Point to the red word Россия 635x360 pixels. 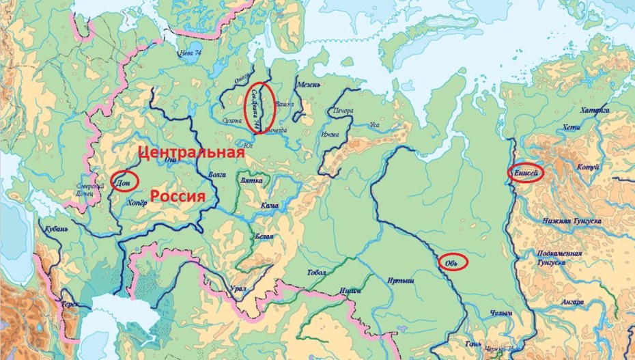pos(178,197)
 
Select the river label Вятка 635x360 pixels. pos(253,181)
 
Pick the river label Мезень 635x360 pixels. pos(309,85)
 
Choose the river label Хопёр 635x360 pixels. pos(137,203)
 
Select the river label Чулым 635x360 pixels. pos(500,314)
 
